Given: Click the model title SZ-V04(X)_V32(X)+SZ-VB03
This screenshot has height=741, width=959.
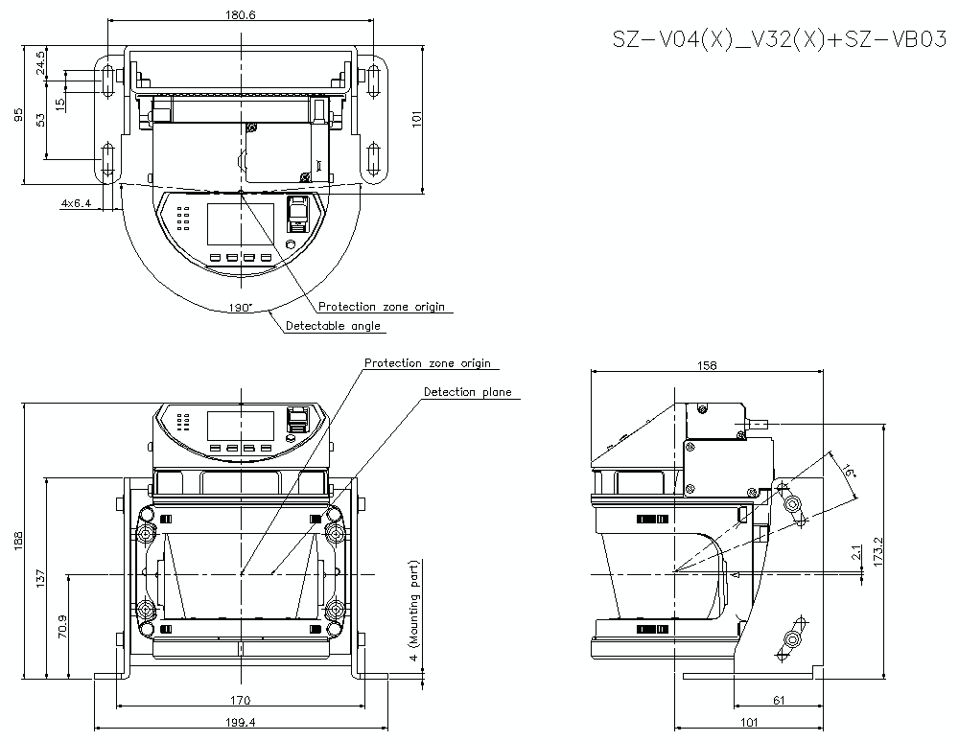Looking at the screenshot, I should point(780,39).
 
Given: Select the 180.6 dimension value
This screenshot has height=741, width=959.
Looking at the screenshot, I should point(240,14).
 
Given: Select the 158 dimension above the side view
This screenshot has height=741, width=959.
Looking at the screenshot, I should point(708,365).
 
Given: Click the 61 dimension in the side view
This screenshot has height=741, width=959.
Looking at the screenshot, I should point(779,700).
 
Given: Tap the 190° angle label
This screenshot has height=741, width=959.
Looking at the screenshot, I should point(240,308).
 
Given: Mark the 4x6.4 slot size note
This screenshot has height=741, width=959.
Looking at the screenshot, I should point(76,203).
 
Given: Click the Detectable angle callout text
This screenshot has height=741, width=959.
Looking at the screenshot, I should point(333,326).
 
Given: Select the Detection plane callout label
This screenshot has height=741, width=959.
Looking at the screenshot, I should point(467,392).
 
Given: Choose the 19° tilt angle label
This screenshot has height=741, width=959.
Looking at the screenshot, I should point(850,472).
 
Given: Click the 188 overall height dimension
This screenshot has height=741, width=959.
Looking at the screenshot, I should point(17,542).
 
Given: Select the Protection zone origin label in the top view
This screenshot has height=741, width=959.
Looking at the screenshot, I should point(382,307).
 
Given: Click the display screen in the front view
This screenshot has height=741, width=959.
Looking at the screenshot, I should point(241,425).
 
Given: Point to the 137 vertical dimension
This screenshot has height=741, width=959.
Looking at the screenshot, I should point(40,578).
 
